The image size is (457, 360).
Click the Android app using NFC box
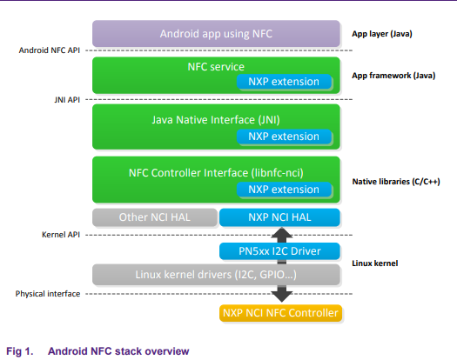click(x=215, y=34)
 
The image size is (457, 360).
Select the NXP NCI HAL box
click(x=278, y=217)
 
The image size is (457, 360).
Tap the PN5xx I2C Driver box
click(x=278, y=251)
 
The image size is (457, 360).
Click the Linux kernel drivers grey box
click(x=215, y=276)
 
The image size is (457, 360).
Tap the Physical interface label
click(x=47, y=294)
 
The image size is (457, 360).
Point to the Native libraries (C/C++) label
click(x=393, y=182)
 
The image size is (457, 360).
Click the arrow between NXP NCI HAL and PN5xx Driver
click(x=278, y=234)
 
